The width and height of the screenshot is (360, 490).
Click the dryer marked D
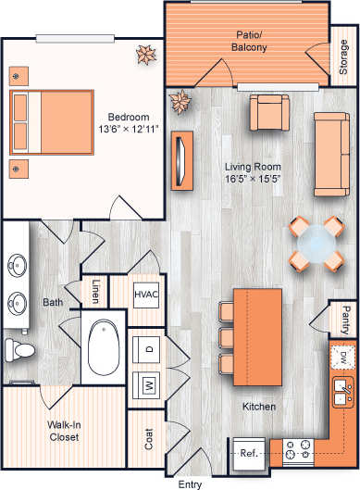(x=148, y=349)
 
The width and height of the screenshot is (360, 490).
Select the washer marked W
(x=148, y=383)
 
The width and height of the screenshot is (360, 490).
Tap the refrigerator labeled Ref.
(x=249, y=453)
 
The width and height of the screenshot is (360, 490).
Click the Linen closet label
(x=96, y=290)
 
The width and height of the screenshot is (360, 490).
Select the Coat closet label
(x=148, y=438)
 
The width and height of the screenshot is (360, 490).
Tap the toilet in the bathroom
(x=19, y=350)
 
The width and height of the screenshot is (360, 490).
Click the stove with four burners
(x=298, y=452)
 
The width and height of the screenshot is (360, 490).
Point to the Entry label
(x=190, y=484)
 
